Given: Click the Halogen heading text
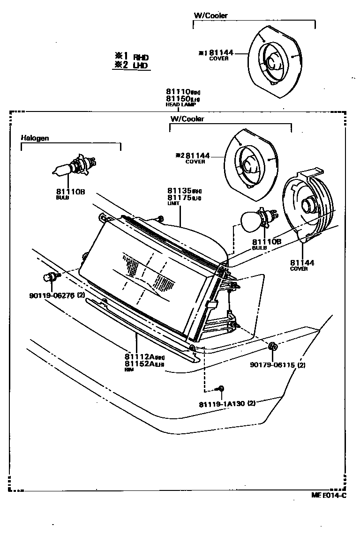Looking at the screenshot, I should tap(35, 138).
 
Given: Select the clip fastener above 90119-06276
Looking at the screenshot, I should tap(50, 277).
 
